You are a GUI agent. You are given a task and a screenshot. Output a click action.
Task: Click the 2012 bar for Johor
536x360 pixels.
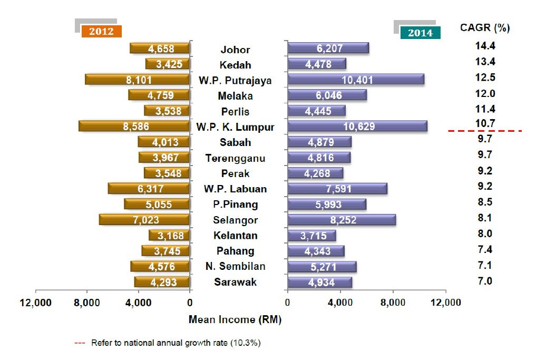(160, 48)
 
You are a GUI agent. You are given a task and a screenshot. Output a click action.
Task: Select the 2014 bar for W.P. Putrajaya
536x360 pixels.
(356, 80)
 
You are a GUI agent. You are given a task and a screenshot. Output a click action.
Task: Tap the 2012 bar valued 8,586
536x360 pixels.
(134, 127)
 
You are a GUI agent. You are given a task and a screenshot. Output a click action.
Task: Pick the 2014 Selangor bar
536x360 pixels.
(342, 220)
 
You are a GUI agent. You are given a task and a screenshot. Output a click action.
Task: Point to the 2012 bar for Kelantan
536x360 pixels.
(169, 235)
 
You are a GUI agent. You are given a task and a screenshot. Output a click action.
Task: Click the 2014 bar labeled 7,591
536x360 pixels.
(337, 189)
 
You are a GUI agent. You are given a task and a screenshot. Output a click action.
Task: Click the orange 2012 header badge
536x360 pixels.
(101, 31)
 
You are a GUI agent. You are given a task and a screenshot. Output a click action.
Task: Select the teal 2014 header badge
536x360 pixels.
(420, 33)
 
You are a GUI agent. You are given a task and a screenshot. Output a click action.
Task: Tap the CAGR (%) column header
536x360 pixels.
(485, 27)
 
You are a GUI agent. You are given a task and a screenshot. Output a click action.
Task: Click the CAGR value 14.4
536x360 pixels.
(485, 46)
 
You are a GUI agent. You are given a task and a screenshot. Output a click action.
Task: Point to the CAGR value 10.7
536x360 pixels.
(485, 124)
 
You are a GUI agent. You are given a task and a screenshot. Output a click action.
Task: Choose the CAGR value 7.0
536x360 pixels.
(485, 281)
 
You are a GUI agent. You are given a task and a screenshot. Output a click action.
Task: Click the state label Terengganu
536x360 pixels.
(235, 158)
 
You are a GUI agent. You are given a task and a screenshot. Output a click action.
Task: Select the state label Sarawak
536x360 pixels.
(235, 282)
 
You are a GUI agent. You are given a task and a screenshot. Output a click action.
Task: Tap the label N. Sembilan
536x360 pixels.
(235, 266)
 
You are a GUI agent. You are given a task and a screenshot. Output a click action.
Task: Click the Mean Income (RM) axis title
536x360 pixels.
(235, 320)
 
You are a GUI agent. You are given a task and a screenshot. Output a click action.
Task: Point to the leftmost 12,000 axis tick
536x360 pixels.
(35, 303)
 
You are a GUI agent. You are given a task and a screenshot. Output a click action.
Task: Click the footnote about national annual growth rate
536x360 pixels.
(176, 343)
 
